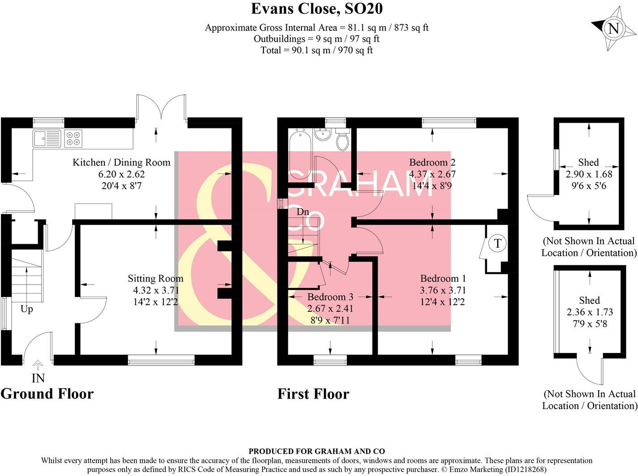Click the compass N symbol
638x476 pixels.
click(613, 29)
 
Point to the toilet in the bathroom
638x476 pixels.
click(343, 140)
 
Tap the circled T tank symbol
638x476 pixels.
click(497, 243)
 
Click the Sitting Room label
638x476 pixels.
click(155, 278)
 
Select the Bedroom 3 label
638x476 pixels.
click(330, 297)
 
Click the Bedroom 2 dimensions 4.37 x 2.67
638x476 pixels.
click(432, 174)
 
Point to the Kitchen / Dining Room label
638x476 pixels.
click(121, 162)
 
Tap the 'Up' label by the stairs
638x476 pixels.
click(26, 309)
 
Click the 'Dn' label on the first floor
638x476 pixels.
click(303, 212)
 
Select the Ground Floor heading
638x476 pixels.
click(47, 394)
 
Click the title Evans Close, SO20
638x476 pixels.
click(316, 8)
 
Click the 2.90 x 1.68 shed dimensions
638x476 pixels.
click(589, 174)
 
